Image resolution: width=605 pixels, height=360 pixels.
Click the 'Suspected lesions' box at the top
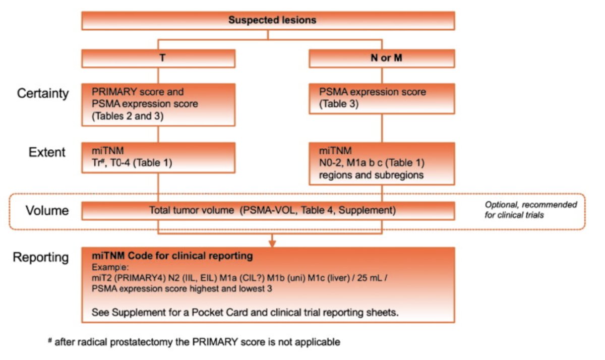coord(268,21)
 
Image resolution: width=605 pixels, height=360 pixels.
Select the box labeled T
coord(158,58)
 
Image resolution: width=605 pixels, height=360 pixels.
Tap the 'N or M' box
coord(382,58)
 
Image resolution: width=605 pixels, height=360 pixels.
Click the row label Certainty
coord(43,94)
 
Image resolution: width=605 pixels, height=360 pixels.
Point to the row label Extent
coord(47,152)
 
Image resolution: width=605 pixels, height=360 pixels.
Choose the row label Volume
coord(47,210)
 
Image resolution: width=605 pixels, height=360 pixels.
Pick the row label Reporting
coord(41,257)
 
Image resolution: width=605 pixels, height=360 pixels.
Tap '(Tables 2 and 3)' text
coord(128,116)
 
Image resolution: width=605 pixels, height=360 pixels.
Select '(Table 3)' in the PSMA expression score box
coord(339,104)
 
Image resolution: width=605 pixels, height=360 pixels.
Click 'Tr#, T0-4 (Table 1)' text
coord(132,163)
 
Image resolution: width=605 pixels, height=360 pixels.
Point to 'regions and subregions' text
coord(371,175)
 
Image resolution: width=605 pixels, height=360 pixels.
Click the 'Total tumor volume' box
coord(268,211)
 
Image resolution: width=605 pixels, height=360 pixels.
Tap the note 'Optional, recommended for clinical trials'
coord(531,210)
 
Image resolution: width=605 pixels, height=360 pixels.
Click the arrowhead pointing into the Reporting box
coord(272,244)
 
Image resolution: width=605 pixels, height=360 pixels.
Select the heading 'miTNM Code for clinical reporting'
coord(172,256)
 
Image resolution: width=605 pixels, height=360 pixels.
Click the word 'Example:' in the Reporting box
coord(110,267)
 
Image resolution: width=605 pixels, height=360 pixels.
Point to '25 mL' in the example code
coord(370,278)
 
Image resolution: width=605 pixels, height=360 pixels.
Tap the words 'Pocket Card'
coord(219,313)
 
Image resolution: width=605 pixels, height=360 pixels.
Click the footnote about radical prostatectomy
coord(194,342)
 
